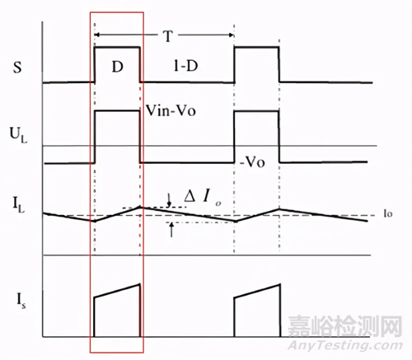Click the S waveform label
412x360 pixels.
point(17,67)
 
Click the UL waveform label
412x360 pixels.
point(18,135)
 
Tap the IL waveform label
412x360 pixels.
point(18,205)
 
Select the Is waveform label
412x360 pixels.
point(21,301)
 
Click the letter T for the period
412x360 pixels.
point(168,35)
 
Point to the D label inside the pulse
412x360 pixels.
point(118,67)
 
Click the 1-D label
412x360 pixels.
point(186,66)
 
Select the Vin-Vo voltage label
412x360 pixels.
point(171,110)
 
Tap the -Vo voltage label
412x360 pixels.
point(252,162)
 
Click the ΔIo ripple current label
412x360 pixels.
point(203,197)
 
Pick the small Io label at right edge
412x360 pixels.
point(388,213)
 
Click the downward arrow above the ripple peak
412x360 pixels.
point(169,200)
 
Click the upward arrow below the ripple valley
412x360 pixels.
point(171,230)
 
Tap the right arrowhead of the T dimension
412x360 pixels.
point(232,35)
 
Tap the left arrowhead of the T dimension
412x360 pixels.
point(97,35)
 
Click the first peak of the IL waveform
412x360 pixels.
point(140,207)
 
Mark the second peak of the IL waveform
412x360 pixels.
point(279,209)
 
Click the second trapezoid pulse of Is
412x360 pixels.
point(257,311)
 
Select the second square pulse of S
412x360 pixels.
point(256,64)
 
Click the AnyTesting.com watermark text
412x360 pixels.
point(345,345)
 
